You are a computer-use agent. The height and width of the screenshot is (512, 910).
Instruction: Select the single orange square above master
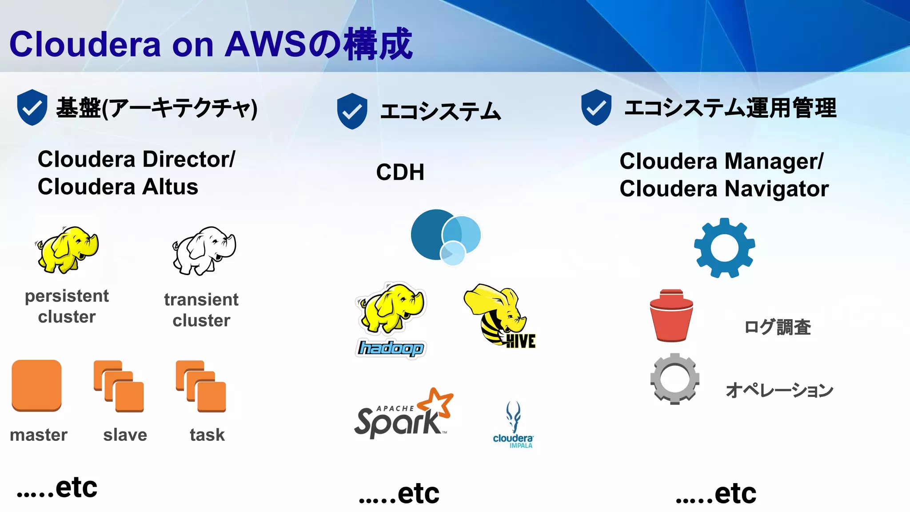(36, 385)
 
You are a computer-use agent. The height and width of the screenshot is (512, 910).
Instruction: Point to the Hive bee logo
(499, 316)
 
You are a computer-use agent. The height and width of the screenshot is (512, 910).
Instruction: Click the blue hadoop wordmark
(391, 348)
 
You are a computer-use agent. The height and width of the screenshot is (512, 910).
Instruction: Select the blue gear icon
(724, 248)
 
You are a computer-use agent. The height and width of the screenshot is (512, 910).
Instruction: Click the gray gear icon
(675, 379)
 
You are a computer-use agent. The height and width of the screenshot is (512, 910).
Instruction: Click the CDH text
(400, 172)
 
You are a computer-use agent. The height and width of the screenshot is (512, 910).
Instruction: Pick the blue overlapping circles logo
(446, 237)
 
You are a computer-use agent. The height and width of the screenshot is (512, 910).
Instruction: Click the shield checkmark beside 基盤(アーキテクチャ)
(32, 107)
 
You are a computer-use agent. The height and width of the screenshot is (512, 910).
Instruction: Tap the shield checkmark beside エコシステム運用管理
(596, 107)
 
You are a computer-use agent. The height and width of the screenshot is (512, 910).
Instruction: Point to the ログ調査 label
(777, 327)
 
